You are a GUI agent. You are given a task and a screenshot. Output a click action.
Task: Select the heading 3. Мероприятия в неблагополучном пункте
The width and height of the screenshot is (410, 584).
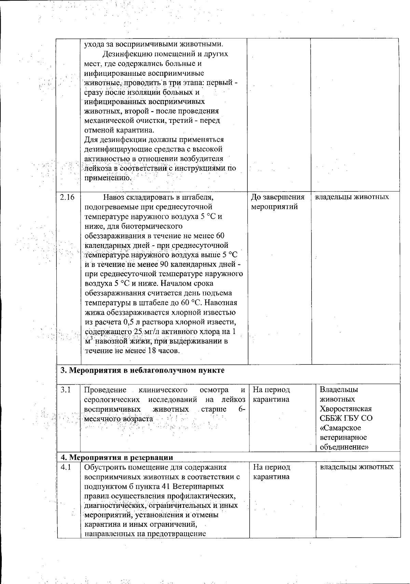pyautogui.click(x=142, y=371)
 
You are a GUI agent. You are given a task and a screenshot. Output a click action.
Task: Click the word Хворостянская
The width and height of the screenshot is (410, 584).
pyautogui.click(x=345, y=409)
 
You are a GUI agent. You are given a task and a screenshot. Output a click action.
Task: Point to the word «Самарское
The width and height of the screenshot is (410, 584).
pyautogui.click(x=340, y=428)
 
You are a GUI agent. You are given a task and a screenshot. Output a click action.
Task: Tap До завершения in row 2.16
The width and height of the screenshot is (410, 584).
pyautogui.click(x=278, y=197)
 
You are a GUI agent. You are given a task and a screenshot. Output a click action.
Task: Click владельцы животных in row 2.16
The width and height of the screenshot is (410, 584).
pyautogui.click(x=352, y=197)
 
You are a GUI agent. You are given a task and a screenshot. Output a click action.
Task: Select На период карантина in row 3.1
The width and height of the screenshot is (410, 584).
pyautogui.click(x=271, y=395)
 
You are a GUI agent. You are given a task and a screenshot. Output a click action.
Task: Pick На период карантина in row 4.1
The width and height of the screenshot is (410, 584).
pyautogui.click(x=272, y=472)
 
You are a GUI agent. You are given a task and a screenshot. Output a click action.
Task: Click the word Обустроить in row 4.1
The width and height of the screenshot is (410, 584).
pyautogui.click(x=101, y=467)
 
